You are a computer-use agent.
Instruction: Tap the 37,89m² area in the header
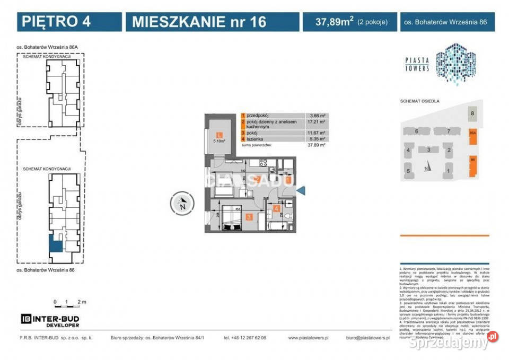(x=335, y=22)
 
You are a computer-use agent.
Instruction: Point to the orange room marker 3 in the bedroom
(x=248, y=216)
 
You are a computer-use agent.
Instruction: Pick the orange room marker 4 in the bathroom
(x=276, y=208)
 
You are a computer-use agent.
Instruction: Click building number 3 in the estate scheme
(x=428, y=151)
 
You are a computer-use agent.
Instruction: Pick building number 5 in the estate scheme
(x=408, y=171)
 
